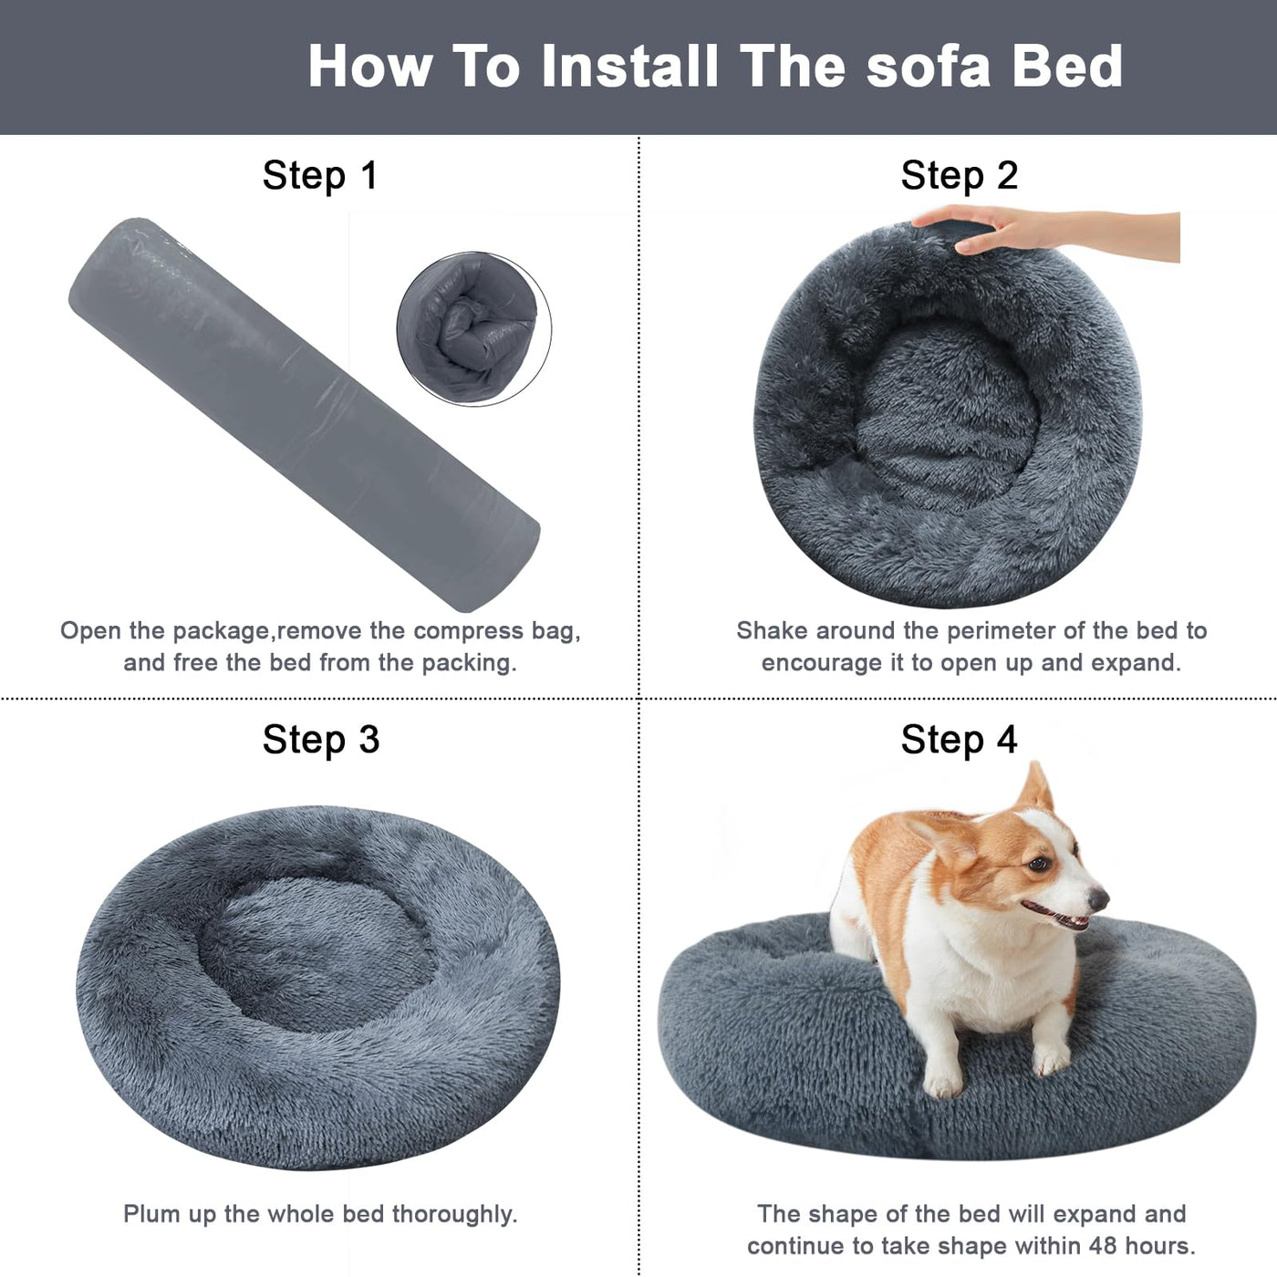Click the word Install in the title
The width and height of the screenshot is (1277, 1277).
(x=629, y=66)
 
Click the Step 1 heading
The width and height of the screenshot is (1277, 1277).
(x=319, y=175)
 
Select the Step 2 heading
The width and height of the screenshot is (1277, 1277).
(x=959, y=175)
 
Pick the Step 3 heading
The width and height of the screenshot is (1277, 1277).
(x=320, y=739)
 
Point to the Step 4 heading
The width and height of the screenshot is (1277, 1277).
(x=959, y=739)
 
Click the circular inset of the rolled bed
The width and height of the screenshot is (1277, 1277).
(x=473, y=328)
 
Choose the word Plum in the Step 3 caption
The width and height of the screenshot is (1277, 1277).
(x=151, y=1214)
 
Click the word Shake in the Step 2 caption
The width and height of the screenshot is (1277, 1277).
(x=771, y=630)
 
